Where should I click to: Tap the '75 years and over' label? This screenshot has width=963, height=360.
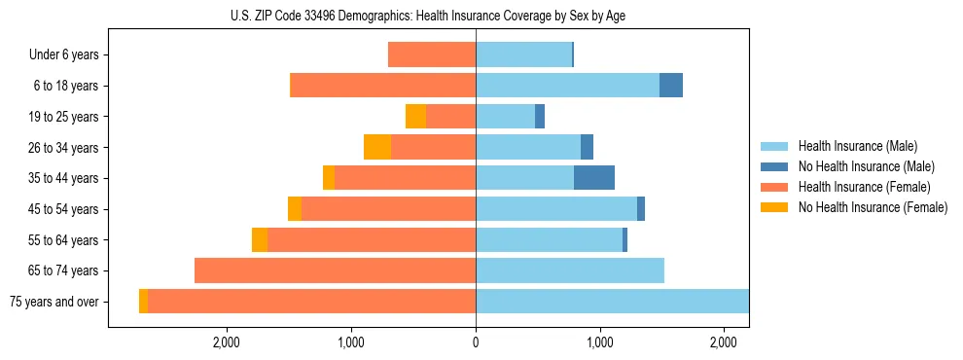coord(53,302)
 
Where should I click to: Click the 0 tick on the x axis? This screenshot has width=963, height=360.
coord(476,342)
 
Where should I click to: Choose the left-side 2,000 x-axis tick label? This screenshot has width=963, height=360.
coord(226,342)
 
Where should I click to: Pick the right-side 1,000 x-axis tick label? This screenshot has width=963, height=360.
coord(600,342)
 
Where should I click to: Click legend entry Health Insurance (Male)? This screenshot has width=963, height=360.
coord(857,146)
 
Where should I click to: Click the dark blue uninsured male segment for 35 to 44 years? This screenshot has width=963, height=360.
coord(594,178)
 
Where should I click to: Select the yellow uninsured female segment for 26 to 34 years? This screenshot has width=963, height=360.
coord(377,147)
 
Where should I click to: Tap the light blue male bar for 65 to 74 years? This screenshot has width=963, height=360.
coord(570,270)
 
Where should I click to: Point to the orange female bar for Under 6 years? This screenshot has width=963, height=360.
coord(432,54)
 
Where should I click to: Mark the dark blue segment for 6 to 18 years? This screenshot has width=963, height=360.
coord(671,86)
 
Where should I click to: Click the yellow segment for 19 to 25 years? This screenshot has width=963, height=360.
coord(416,117)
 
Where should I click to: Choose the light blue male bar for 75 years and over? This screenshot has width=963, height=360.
coord(612,302)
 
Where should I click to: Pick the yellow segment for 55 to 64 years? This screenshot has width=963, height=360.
coord(260,239)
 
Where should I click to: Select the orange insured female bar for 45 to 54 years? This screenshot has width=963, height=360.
coord(389,209)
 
